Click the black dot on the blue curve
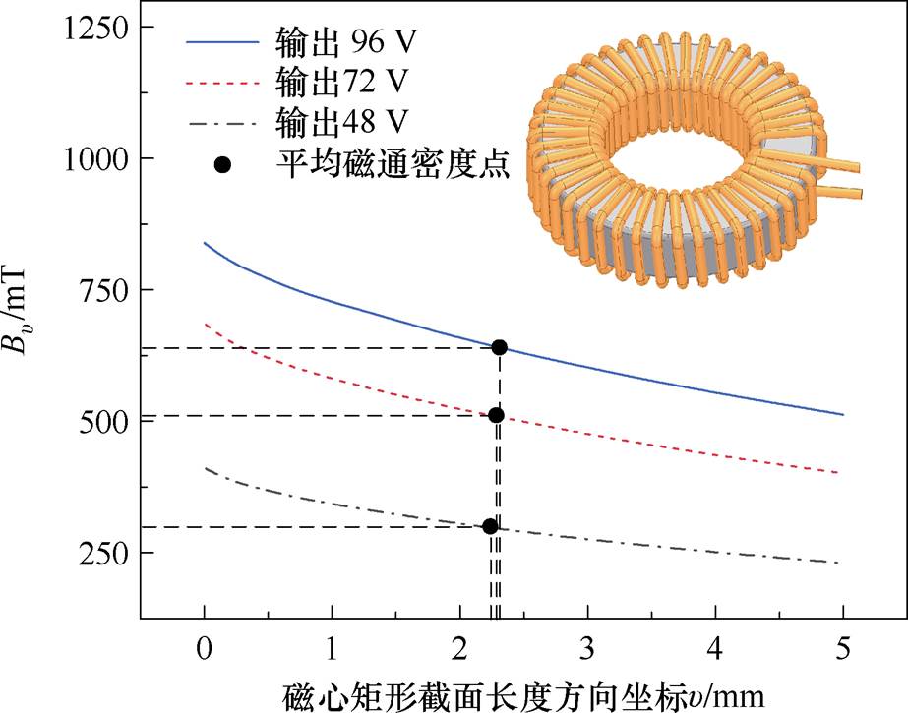499,347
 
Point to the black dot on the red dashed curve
496,415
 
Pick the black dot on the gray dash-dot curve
490,526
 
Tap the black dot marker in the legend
223,164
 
